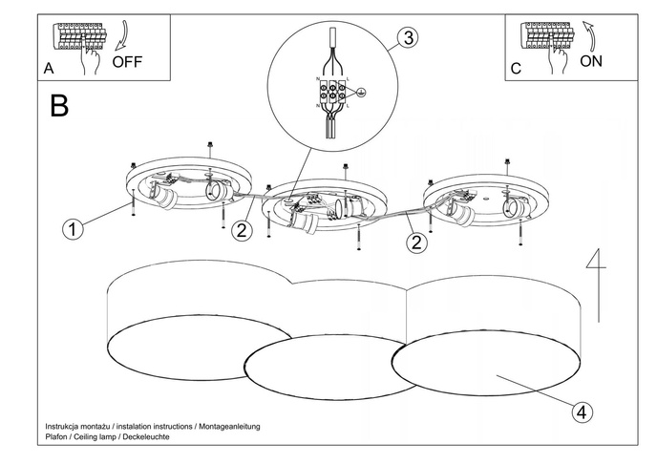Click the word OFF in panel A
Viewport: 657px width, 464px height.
128,63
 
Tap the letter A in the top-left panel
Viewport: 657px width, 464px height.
49,70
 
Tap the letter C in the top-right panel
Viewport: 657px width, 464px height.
516,70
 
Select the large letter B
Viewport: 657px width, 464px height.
59,106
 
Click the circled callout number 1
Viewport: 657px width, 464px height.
71,228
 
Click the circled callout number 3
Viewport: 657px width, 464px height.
407,38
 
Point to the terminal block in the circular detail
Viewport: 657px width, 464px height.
330,93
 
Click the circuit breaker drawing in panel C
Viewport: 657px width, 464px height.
546,37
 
